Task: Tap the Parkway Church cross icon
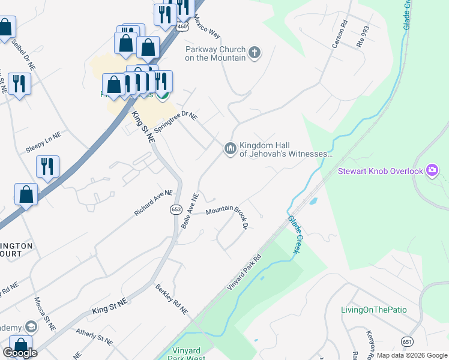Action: coord(255,53)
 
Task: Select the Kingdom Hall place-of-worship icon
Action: coord(231,148)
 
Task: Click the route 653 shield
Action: coord(176,209)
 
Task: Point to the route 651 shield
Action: coord(407,341)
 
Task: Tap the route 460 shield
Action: coord(182,26)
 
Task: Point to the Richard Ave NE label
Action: coord(154,203)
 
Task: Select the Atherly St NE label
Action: coord(94,337)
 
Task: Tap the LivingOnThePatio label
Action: coord(373,310)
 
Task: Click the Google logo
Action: coord(20,353)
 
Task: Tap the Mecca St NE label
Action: coord(44,314)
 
